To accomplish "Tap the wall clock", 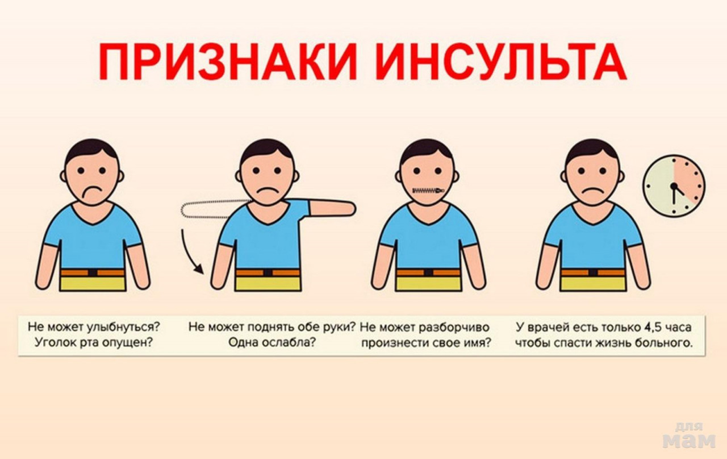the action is [674, 186].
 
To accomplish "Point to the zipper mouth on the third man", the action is [428, 191].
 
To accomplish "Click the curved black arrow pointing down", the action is [187, 253].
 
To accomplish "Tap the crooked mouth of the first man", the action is [91, 191].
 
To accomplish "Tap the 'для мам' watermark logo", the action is [689, 435].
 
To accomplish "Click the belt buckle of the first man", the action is [93, 272].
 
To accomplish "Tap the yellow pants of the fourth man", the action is [594, 283].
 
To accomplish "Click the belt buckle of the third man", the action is [428, 272].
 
